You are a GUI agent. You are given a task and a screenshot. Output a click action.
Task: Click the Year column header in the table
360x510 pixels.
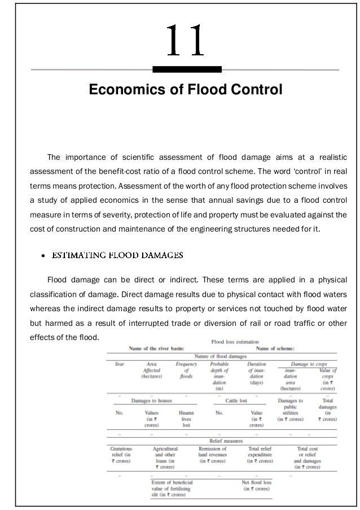(120, 365)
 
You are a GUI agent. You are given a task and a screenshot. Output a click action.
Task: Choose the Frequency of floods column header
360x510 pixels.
(186, 370)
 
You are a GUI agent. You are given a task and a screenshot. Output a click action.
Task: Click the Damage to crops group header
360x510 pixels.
(311, 365)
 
